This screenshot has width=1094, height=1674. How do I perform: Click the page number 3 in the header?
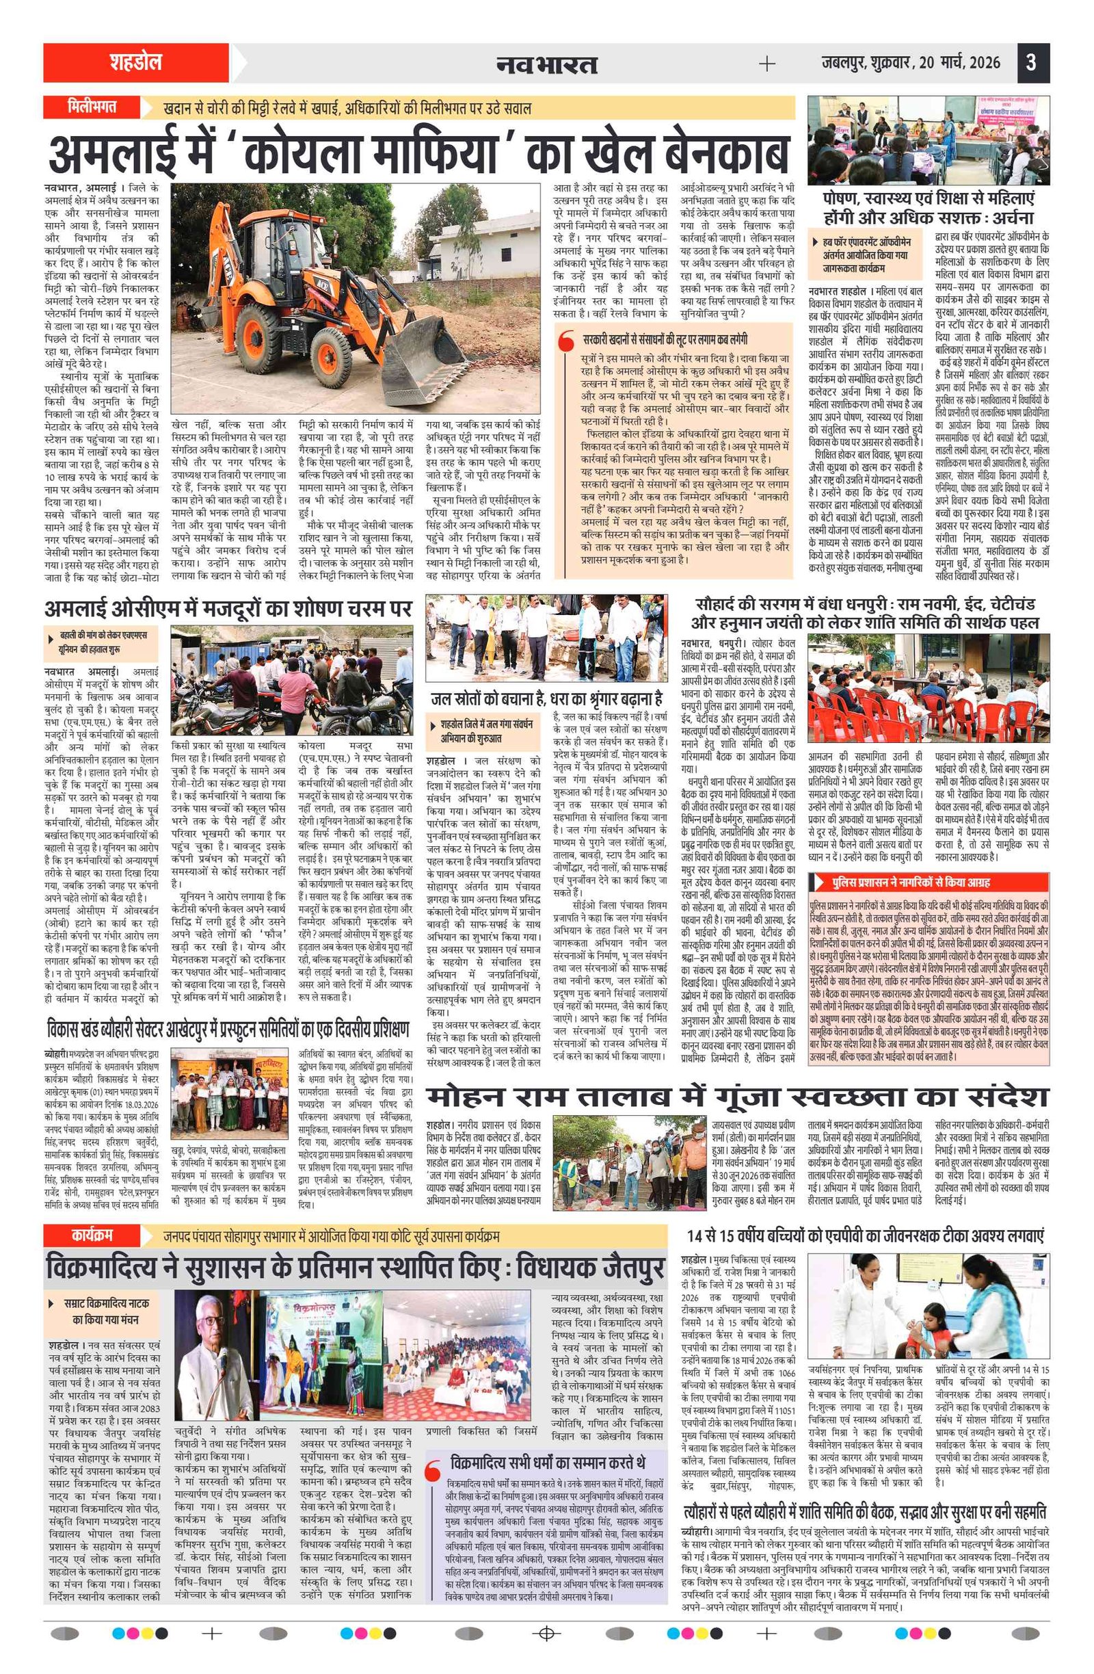point(1030,64)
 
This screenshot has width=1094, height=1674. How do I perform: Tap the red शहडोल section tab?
point(135,63)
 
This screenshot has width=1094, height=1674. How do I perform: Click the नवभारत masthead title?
point(546,65)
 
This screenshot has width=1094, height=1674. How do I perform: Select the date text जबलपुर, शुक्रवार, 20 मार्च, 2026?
point(911,64)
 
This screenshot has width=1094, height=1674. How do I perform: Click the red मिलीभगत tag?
point(92,107)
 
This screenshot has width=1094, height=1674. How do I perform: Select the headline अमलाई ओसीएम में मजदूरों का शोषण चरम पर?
point(228,608)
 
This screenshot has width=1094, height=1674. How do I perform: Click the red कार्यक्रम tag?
point(92,1235)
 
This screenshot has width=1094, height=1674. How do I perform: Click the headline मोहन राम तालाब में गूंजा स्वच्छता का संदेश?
point(737,1097)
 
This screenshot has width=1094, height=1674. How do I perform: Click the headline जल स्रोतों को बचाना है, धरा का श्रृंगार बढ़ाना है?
point(546,699)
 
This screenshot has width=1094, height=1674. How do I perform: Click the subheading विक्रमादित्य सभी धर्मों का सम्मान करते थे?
point(547,1442)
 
